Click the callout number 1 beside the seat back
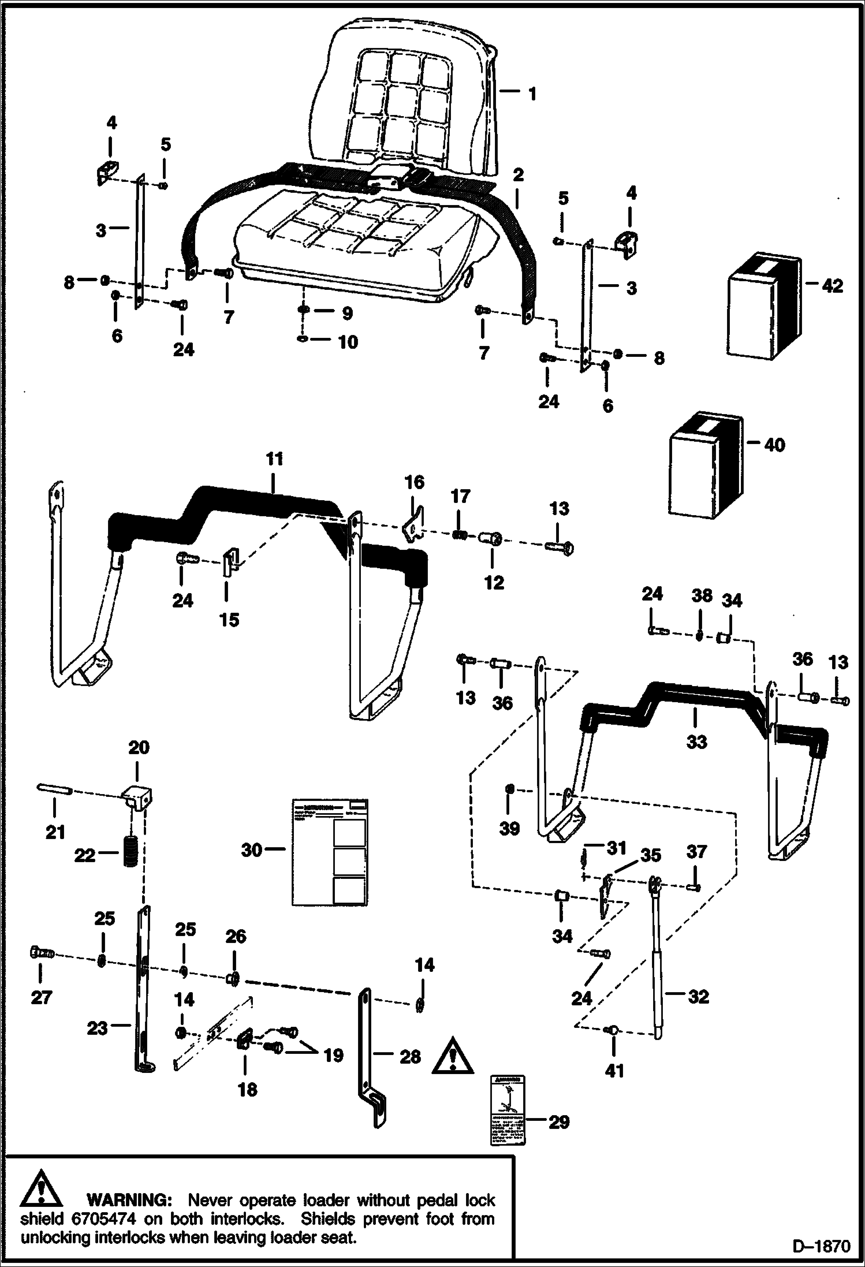pos(532,94)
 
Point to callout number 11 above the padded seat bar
pos(275,460)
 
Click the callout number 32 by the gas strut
pos(698,996)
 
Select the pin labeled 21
pos(54,789)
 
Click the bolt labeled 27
pos(41,953)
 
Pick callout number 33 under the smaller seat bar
pos(696,741)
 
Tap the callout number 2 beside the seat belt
pos(518,174)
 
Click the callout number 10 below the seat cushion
pos(348,342)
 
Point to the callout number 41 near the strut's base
pos(615,1071)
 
